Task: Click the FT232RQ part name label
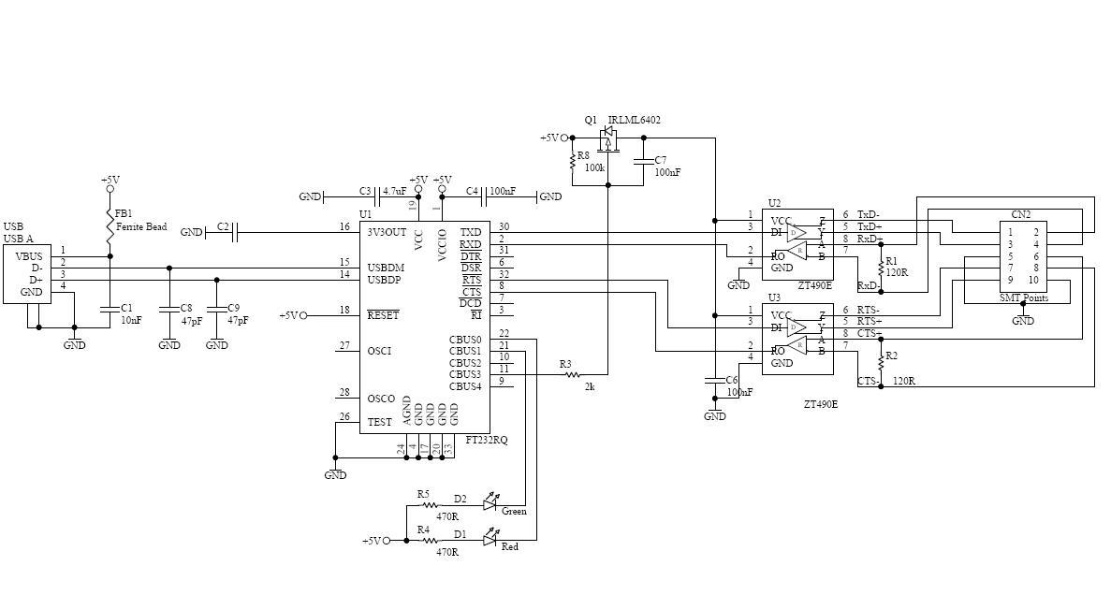coord(487,440)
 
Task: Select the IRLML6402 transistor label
coord(634,120)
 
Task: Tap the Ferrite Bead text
coord(141,226)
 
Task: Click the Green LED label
coord(514,512)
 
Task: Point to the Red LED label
coord(509,547)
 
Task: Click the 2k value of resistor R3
coord(590,386)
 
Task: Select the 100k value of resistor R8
coord(594,167)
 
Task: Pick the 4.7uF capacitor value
coord(394,192)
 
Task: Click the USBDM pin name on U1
coord(386,268)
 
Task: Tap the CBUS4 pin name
coord(465,386)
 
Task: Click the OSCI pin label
coord(379,351)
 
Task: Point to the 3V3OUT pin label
coord(387,232)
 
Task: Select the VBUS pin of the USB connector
coord(29,255)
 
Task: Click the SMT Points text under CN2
coord(1024,298)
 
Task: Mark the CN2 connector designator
coord(1020,214)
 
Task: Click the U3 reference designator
coord(774,297)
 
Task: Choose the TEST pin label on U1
coord(379,422)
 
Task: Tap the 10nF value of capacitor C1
coord(132,320)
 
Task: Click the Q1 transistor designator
coord(590,120)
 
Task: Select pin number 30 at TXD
coord(504,226)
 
